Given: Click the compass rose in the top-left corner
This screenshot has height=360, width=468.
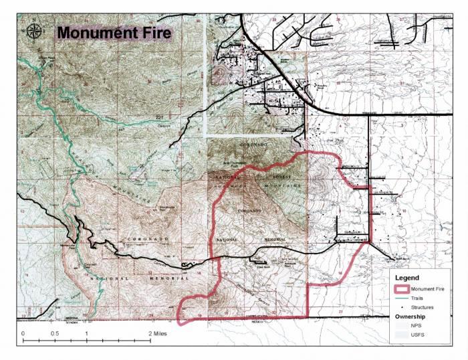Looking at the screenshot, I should click(33, 31).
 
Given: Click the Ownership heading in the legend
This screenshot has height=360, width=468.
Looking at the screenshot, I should click(414, 316).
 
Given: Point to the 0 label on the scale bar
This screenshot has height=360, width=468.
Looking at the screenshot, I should click(23, 333).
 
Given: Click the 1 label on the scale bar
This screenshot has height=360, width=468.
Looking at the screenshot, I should click(86, 333).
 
